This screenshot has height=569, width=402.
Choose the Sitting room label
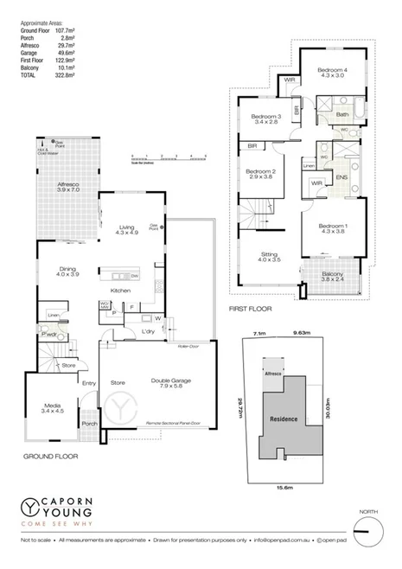(271, 257)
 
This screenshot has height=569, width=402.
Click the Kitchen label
(121, 291)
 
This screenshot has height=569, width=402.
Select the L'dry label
(147, 331)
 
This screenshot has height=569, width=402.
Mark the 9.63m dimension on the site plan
(301, 331)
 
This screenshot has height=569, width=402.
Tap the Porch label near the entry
(88, 424)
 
